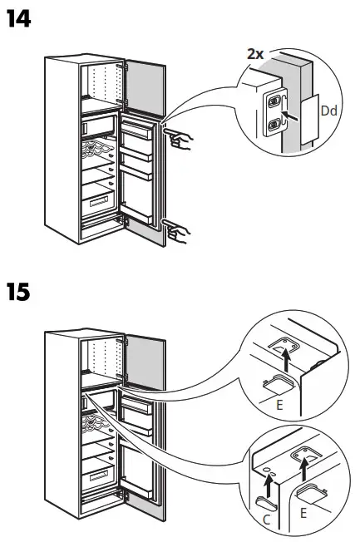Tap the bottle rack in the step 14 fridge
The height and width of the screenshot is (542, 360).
pos(98,152)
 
